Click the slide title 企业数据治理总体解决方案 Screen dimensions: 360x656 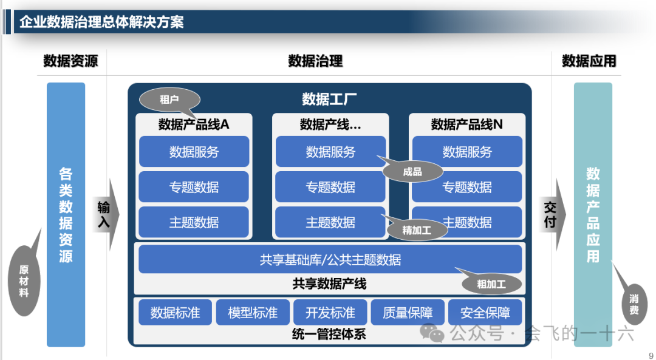(x=101, y=22)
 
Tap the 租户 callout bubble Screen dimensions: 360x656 (x=169, y=100)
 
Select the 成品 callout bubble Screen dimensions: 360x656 (x=412, y=172)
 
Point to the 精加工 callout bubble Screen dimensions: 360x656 (x=417, y=230)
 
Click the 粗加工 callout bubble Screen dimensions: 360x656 (x=491, y=284)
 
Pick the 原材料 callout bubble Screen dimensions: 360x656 (x=24, y=280)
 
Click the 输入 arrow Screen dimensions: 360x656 (x=105, y=214)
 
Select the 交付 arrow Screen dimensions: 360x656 (x=551, y=214)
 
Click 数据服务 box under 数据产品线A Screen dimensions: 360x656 (x=194, y=152)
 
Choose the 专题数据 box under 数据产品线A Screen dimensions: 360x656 (x=194, y=187)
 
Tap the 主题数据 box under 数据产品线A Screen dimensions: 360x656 (x=194, y=222)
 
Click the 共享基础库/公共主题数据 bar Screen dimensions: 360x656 (x=330, y=260)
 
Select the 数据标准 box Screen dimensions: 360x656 (x=175, y=313)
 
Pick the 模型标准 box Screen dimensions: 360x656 (x=253, y=313)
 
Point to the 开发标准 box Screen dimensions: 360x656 (x=330, y=313)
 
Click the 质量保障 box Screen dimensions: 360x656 (x=408, y=313)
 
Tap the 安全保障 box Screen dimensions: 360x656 (x=485, y=313)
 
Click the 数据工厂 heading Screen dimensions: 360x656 (x=329, y=99)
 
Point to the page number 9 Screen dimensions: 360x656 (x=651, y=355)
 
